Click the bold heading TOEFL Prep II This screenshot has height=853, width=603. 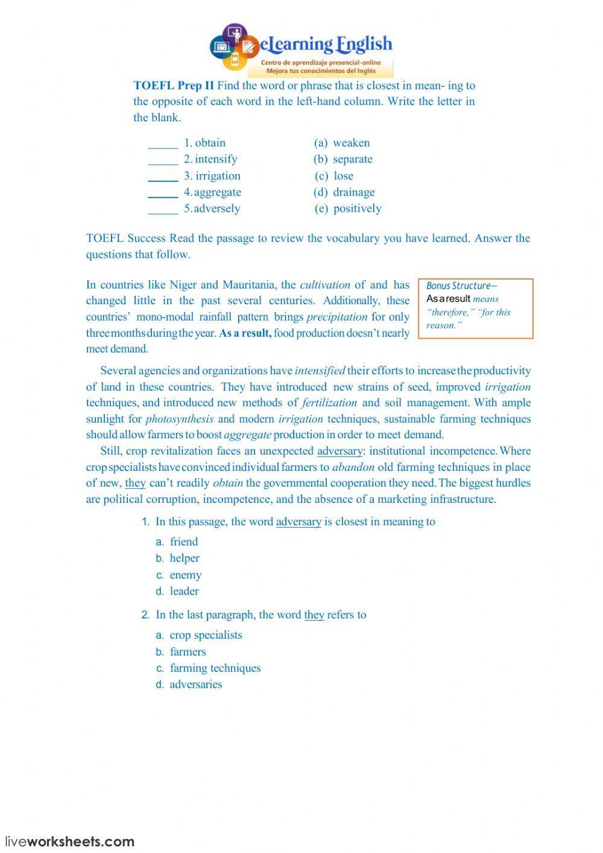[174, 86]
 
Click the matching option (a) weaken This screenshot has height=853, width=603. [342, 143]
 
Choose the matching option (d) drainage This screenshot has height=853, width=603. [344, 193]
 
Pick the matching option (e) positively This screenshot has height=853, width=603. [348, 209]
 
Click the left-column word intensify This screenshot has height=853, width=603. [216, 159]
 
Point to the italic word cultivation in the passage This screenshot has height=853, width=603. [324, 285]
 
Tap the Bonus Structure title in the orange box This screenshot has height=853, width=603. [461, 286]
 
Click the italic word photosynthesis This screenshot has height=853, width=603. [179, 419]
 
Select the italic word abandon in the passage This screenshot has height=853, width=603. [353, 467]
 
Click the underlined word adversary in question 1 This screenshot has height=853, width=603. [298, 522]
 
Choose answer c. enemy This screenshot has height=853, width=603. [185, 575]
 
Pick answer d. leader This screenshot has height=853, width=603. [184, 592]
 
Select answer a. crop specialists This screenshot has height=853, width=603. [206, 635]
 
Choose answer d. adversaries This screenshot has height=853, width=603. [195, 685]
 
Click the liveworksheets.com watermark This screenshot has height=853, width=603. [70, 842]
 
